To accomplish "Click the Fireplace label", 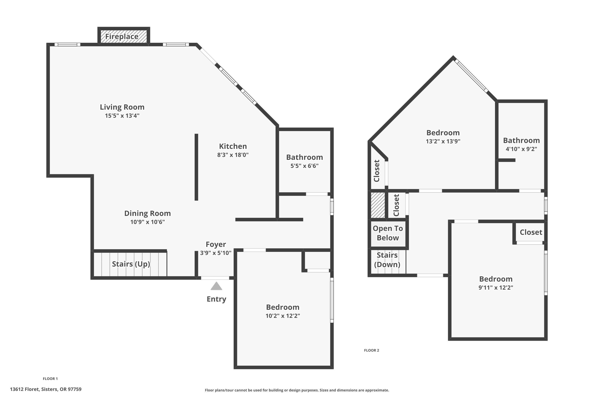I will pos(122,37).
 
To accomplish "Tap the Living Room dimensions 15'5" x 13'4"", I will pos(122,116).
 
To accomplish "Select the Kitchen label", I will pos(233,146).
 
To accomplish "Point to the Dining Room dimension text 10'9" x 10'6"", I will pos(148,222).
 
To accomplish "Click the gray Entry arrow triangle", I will pos(216,286).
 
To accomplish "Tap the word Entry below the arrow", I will pos(216,299).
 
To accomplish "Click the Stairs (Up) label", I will pos(131,264).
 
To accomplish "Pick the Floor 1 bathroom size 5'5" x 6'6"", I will pos(304,166).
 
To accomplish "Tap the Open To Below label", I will pos(388,233).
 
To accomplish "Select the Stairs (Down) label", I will pos(387,260).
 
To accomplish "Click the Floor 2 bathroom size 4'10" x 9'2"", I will pos(521,149).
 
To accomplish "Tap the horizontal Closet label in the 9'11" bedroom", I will pos(531,232).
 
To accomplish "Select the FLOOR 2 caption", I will pos(371,350).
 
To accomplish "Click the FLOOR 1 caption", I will pos(50,379).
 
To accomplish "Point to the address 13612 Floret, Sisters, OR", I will pos(46,389).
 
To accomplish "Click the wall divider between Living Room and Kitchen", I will pos(196,167).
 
